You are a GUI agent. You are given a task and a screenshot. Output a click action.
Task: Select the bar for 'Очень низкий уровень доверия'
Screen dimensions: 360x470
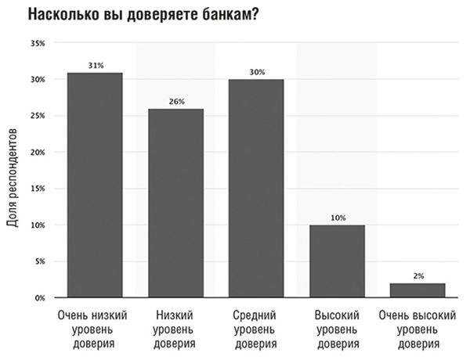pos(95,185)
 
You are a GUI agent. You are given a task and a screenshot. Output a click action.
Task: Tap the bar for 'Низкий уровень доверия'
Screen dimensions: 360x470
pos(175,203)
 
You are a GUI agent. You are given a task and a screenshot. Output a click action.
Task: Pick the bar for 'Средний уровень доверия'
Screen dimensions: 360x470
pos(256,189)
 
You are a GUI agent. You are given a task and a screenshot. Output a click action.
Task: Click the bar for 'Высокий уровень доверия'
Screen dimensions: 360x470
pos(337,261)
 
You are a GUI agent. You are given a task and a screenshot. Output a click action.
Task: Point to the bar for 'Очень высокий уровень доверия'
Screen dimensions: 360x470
pos(418,290)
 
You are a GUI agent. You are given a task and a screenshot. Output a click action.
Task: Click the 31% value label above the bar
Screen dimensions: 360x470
pos(95,65)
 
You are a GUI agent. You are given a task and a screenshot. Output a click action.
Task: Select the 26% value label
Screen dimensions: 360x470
pos(175,101)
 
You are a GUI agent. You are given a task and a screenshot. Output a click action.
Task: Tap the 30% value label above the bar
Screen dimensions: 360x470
pos(256,72)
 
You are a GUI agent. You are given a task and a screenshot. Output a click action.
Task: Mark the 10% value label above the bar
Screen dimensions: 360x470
pos(337,218)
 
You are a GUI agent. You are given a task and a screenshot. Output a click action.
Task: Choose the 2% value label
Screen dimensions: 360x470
pos(418,275)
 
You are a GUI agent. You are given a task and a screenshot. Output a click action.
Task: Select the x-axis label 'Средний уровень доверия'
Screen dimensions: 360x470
pos(256,329)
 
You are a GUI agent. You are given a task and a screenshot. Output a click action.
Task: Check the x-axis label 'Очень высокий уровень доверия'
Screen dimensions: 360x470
pos(418,329)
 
